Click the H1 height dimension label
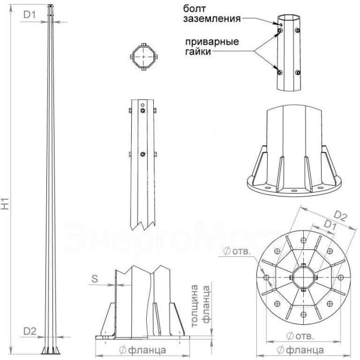[x=5, y=203]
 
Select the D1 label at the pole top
[x=30, y=15]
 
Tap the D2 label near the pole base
[x=30, y=331]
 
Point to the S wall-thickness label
[x=95, y=279]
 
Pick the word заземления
[x=212, y=19]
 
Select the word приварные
[x=212, y=42]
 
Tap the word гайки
[x=198, y=51]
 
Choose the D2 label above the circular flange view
[x=340, y=216]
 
